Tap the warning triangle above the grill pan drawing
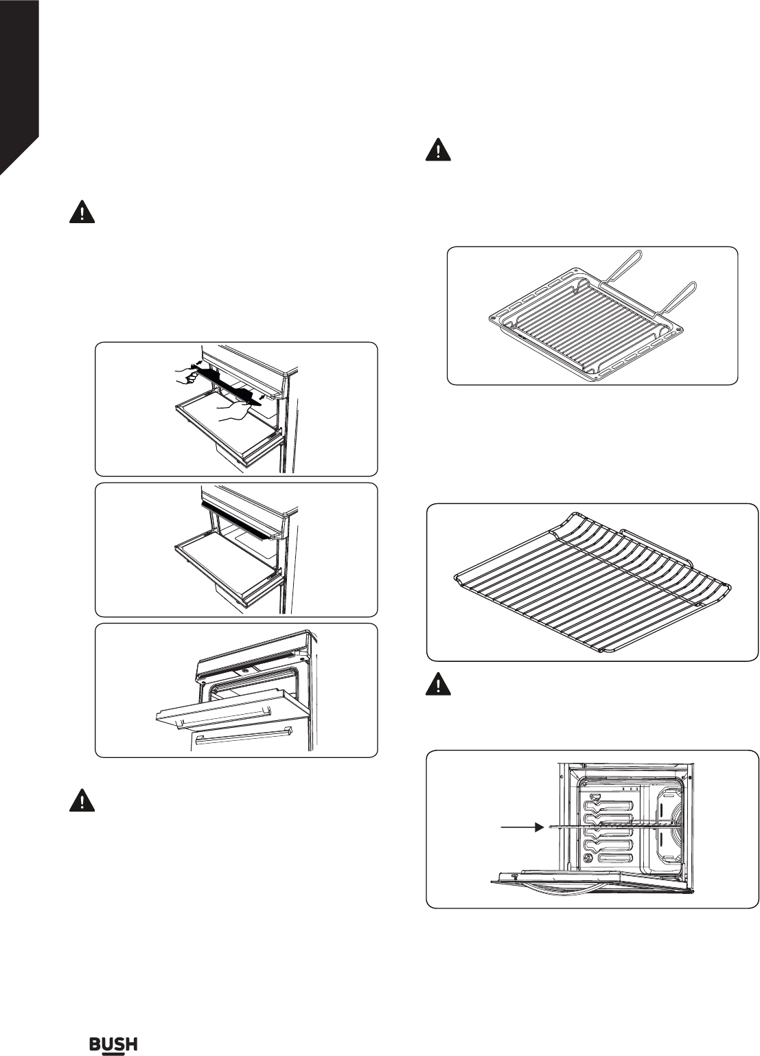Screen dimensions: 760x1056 coord(438,150)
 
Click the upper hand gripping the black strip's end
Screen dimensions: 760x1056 coord(185,376)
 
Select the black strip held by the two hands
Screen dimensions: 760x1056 coord(227,387)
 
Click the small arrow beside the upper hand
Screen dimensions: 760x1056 coord(199,364)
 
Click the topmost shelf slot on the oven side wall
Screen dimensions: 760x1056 coord(608,807)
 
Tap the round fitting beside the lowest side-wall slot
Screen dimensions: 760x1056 coord(588,857)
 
